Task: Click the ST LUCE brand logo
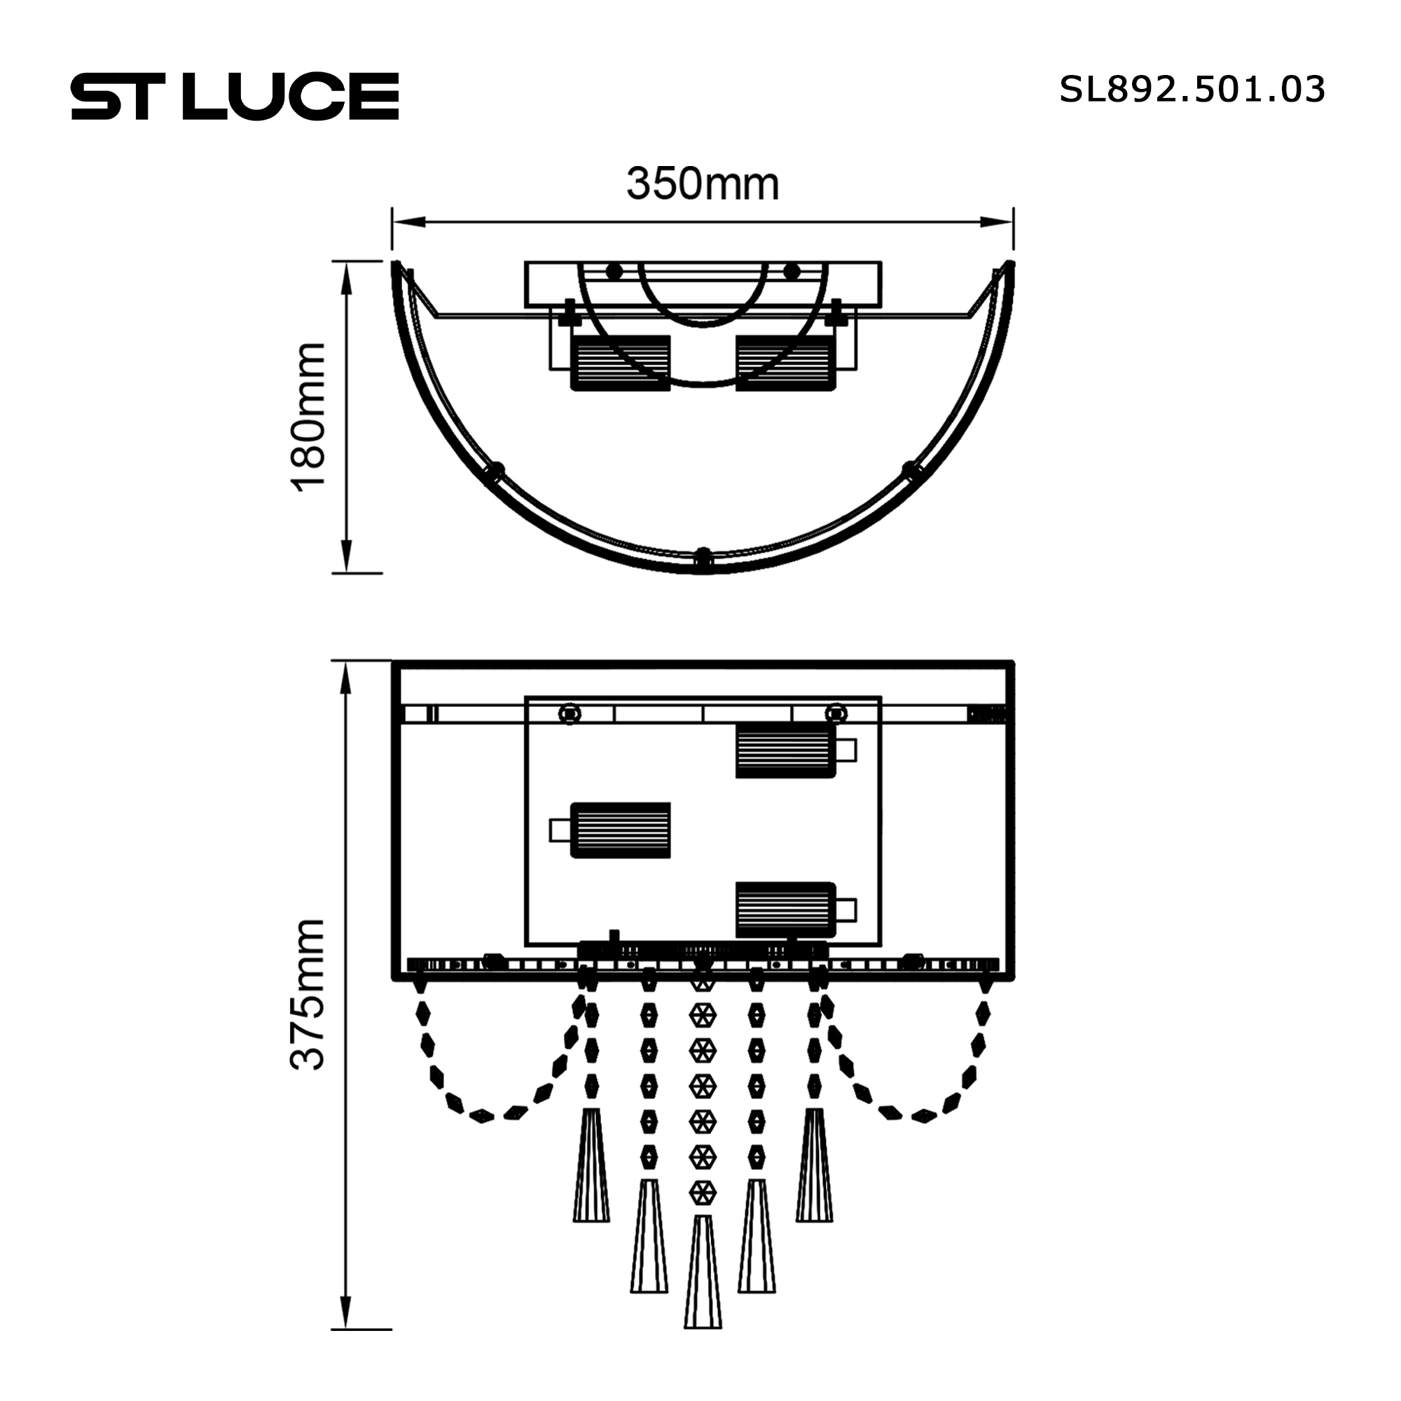click(x=235, y=96)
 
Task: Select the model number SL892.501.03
click(x=1192, y=90)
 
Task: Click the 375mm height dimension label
click(x=308, y=994)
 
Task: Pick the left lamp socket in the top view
click(x=621, y=363)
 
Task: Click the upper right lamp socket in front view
click(x=786, y=750)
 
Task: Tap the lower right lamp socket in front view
click(x=786, y=910)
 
